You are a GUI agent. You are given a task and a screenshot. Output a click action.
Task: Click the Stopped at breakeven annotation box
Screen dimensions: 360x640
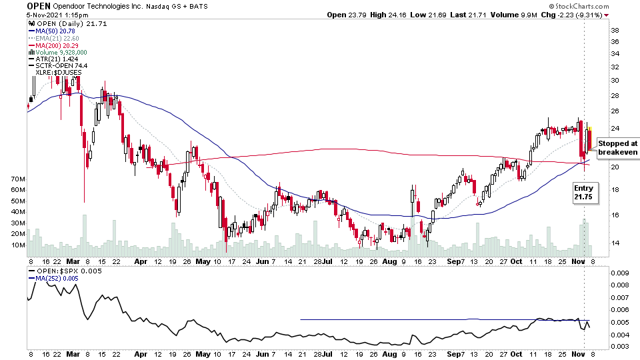617,148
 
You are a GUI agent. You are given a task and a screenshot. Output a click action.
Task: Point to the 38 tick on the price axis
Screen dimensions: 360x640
616,31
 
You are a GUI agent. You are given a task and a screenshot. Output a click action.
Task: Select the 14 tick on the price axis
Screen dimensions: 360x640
616,243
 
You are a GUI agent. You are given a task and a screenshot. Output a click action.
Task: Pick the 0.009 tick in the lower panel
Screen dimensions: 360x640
619,273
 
